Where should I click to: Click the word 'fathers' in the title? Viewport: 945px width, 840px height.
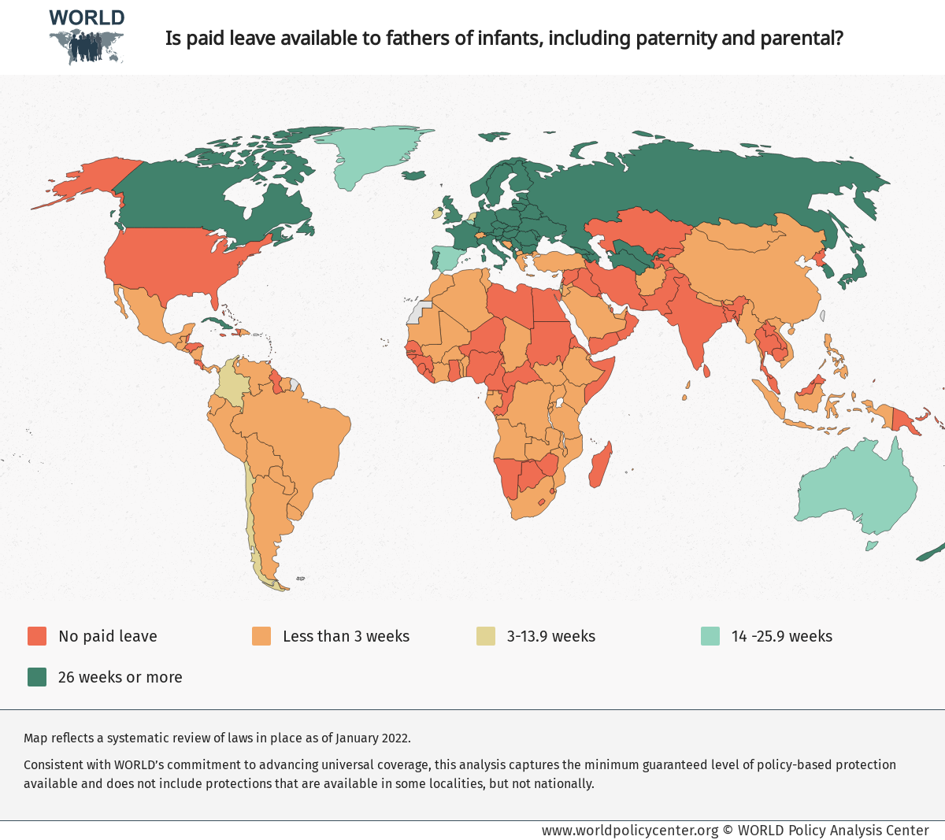pyautogui.click(x=418, y=38)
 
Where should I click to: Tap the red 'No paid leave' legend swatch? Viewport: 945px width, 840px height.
pyautogui.click(x=37, y=636)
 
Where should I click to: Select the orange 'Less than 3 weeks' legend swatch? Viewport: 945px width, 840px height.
pyautogui.click(x=261, y=636)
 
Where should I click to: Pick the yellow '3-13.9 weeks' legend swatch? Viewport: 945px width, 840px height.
pyautogui.click(x=486, y=636)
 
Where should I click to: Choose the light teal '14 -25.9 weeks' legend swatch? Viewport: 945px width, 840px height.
pyautogui.click(x=710, y=636)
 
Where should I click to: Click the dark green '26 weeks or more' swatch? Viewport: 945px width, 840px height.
pyautogui.click(x=37, y=677)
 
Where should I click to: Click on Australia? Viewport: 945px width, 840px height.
pyautogui.click(x=858, y=488)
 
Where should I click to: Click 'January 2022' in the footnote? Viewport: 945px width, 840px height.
pyautogui.click(x=372, y=738)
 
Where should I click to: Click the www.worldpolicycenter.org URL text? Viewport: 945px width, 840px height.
pyautogui.click(x=630, y=830)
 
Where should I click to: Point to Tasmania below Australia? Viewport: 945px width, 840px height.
pyautogui.click(x=872, y=545)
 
